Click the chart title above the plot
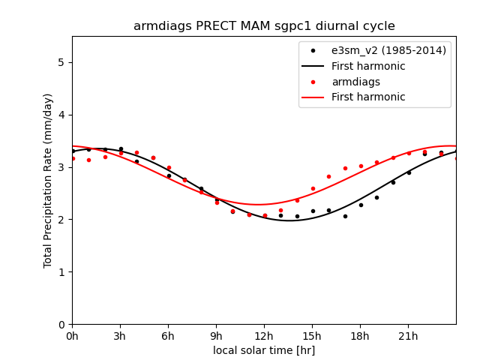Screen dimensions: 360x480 264,26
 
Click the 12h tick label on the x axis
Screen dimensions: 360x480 264,335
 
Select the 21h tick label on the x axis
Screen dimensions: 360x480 409,335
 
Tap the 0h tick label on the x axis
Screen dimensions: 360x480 72,335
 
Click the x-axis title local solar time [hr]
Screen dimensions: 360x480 264,350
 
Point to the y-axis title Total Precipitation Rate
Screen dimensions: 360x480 48,180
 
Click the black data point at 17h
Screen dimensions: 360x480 345,216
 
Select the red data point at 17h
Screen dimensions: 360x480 345,168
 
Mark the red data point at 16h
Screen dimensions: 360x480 328,176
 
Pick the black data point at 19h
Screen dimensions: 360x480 376,197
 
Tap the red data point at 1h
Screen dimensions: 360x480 88,160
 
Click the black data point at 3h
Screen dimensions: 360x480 121,148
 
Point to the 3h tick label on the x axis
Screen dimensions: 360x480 120,335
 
